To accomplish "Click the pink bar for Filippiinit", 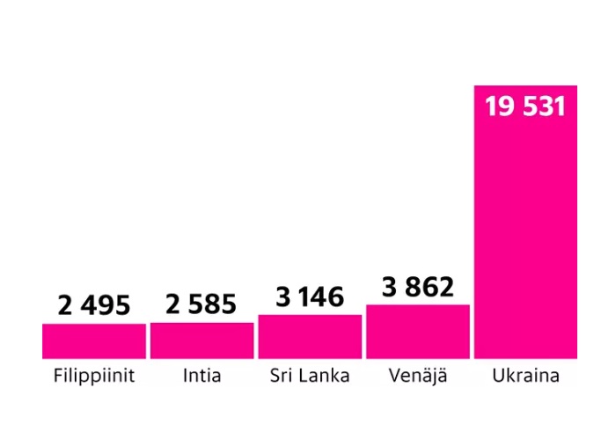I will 94,340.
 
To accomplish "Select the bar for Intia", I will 202,340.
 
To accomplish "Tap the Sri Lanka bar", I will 310,336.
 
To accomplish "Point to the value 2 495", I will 94,305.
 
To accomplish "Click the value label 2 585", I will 202,304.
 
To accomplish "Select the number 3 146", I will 310,297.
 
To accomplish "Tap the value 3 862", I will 418,287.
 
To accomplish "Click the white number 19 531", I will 525,106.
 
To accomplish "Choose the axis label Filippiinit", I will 94,377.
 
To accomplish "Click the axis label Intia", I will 202,377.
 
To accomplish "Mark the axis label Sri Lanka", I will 310,377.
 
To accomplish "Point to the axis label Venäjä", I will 418,377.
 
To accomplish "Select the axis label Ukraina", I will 525,377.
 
